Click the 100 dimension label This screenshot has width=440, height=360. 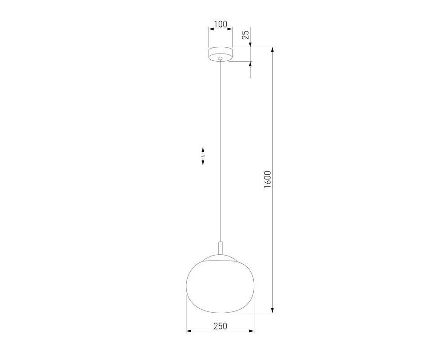tap(220, 24)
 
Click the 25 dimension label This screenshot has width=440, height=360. tap(246, 35)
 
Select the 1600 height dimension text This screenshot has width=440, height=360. tap(268, 180)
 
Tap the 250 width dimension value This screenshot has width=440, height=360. tap(220, 326)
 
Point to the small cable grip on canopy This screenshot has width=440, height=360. tap(220, 58)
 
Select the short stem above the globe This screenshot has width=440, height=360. tap(220, 249)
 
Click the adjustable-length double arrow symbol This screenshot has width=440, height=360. tap(203, 156)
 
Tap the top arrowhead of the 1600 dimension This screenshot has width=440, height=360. tap(272, 49)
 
